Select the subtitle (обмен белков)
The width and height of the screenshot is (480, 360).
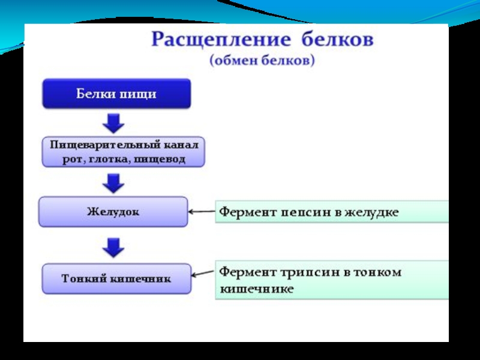pyautogui.click(x=262, y=61)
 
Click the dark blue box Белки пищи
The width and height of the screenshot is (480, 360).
pyautogui.click(x=116, y=94)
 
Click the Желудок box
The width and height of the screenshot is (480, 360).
pyautogui.click(x=113, y=212)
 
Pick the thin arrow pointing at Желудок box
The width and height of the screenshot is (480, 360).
pyautogui.click(x=202, y=212)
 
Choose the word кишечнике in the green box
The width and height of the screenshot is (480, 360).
pyautogui.click(x=256, y=289)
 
